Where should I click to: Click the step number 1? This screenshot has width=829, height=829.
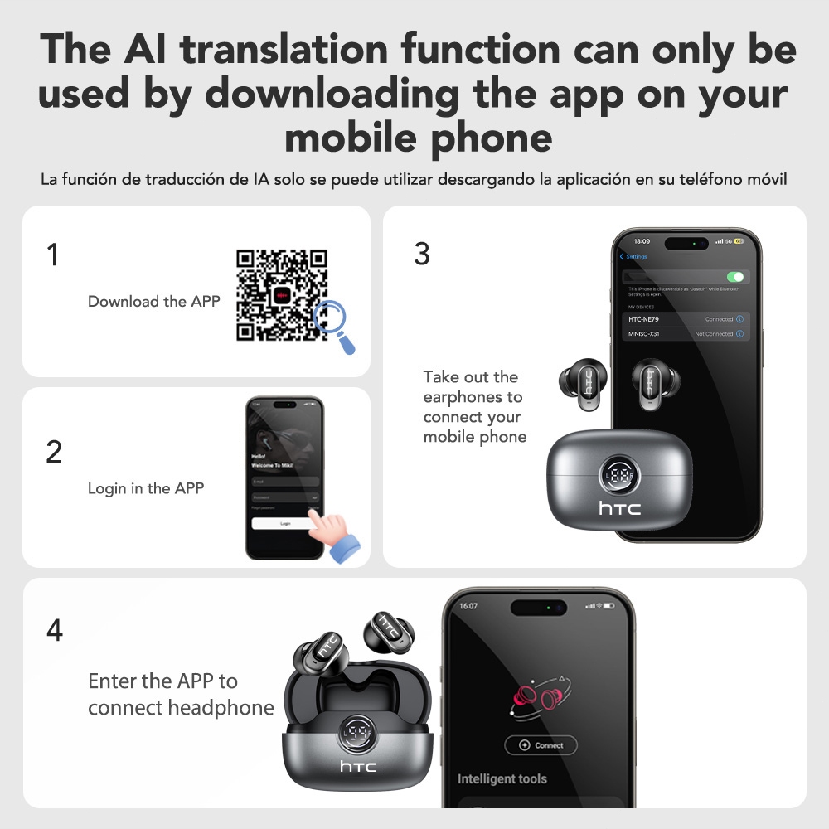[x=53, y=255]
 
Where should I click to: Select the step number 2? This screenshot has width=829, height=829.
[x=54, y=452]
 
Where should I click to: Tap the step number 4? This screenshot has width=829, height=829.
[x=54, y=631]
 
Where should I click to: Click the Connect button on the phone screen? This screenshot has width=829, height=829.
[x=541, y=745]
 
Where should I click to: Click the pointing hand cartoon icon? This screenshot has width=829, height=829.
[x=336, y=533]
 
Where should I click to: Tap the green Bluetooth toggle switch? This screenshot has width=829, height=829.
[x=734, y=277]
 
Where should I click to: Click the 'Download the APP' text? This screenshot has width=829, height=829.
[x=154, y=302]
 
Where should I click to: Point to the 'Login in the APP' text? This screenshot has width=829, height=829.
[x=146, y=488]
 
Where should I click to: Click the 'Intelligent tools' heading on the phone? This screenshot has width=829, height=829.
[x=502, y=779]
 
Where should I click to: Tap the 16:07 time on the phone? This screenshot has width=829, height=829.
[x=468, y=606]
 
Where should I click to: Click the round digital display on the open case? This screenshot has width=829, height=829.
[x=358, y=733]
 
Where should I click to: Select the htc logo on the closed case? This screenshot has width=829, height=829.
[x=619, y=508]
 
